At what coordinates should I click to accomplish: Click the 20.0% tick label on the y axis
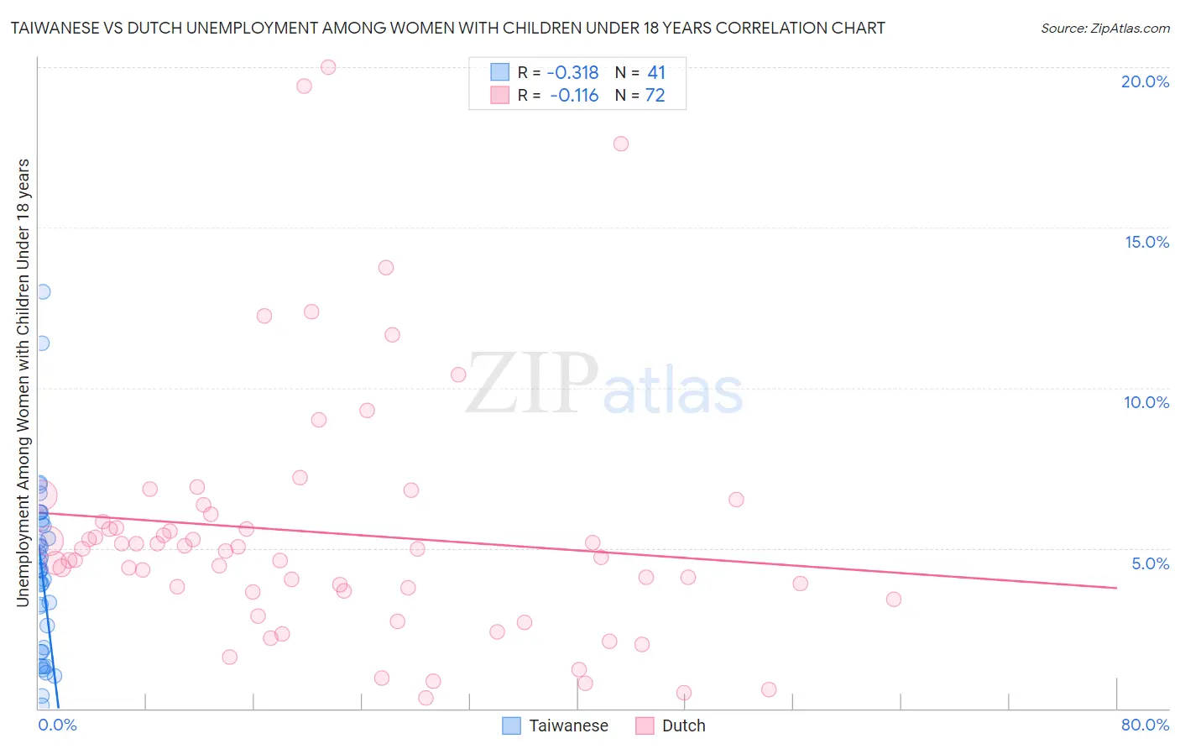1145,81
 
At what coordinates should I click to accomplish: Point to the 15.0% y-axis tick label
1146,242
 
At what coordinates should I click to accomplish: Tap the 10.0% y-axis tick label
1146,402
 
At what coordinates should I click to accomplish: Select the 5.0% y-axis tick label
1150,563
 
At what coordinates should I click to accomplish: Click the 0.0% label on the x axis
57,725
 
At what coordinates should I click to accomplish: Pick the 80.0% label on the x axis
1145,725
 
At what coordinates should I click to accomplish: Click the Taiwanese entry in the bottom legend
568,725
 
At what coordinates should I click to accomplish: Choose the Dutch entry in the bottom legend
683,725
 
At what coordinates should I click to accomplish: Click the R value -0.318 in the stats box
572,73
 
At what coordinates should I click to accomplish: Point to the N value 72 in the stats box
655,96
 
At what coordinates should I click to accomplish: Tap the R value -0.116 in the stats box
574,96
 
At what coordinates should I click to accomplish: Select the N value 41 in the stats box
656,73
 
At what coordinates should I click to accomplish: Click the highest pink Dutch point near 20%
328,67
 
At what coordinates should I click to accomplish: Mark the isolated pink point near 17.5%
621,144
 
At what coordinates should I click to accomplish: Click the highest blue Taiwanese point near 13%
43,291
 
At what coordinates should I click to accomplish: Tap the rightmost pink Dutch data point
894,599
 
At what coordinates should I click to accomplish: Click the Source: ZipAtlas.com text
1104,29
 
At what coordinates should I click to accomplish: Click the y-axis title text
23,382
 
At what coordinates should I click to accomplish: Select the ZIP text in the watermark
532,385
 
